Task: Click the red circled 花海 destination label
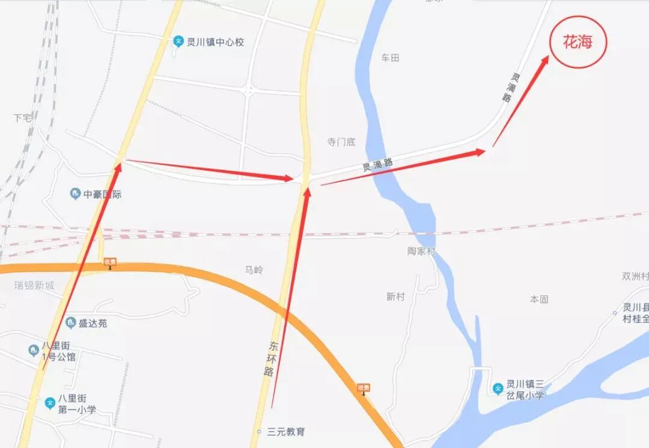pos(577,42)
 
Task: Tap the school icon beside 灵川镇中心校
pos(178,41)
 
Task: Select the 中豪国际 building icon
pos(75,194)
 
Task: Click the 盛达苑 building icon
pos(71,323)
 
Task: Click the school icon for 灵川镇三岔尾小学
pos(498,389)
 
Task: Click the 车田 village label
pos(390,58)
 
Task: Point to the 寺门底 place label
pos(341,142)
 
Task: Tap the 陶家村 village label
pos(421,251)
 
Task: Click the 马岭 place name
pos(254,270)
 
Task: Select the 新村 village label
pos(395,297)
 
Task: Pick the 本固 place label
pos(539,299)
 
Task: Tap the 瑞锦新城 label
pos(34,285)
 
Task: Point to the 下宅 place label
pos(22,118)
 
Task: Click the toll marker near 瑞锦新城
pos(109,262)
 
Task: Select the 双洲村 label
pos(635,277)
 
